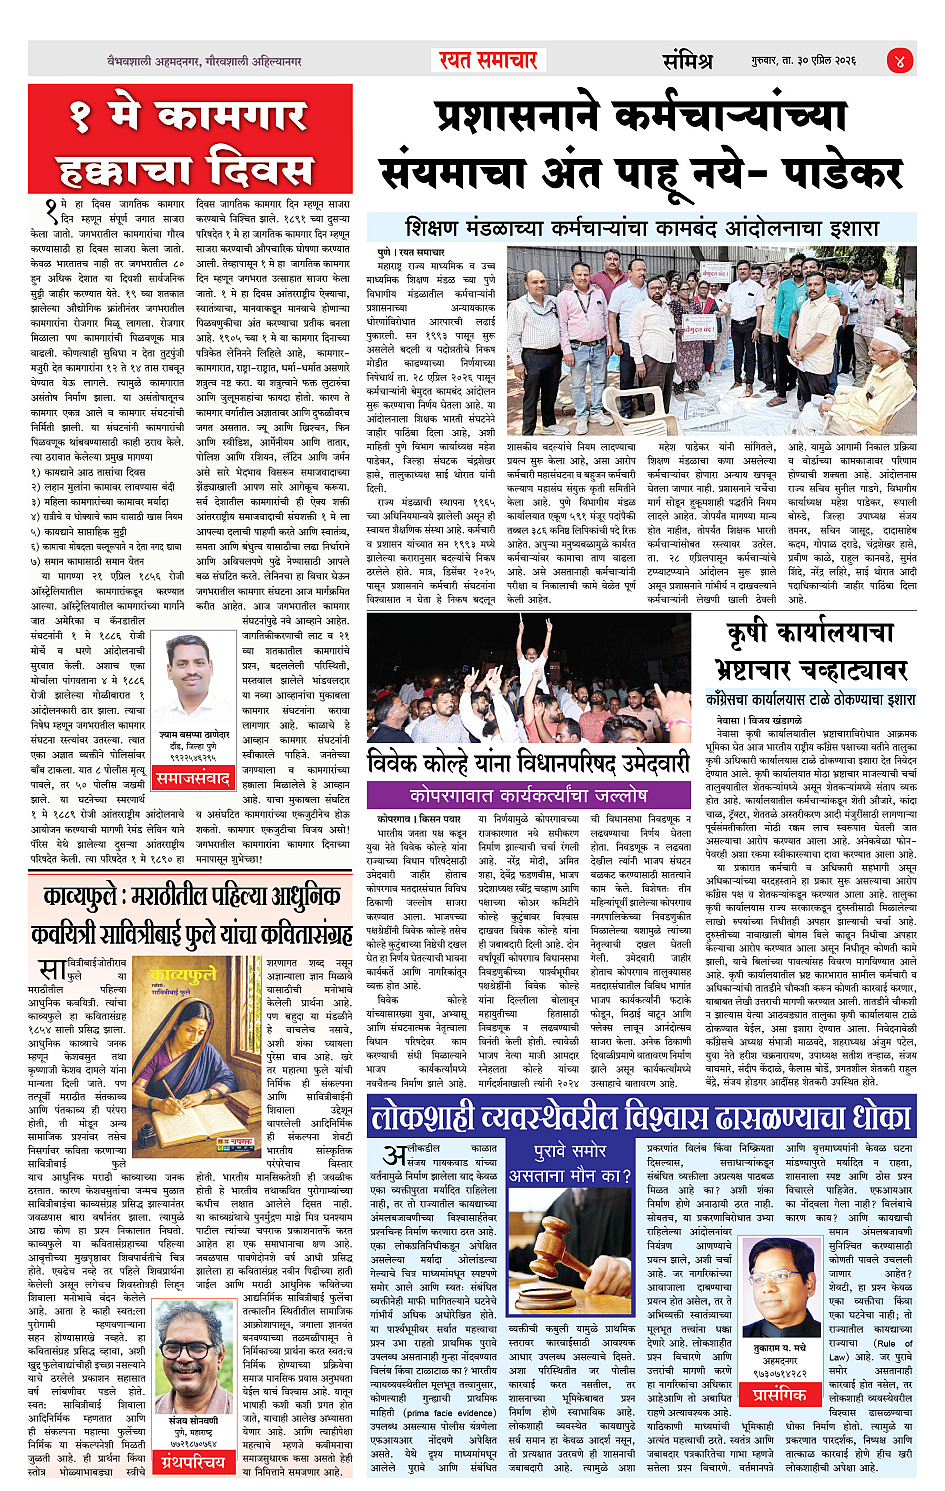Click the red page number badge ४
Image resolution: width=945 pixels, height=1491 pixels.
901,60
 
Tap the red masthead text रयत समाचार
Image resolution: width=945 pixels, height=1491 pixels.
488,60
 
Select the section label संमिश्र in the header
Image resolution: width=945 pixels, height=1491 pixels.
688,60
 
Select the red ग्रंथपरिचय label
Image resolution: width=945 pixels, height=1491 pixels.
193,1462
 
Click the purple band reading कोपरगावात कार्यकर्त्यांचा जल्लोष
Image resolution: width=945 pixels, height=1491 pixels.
528,795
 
